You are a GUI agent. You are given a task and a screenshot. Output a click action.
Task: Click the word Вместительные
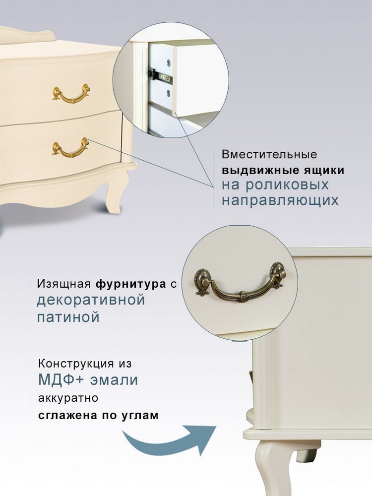[269, 154]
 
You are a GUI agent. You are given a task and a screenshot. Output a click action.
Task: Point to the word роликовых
[287, 185]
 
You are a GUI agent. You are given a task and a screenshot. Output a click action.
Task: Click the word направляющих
[280, 200]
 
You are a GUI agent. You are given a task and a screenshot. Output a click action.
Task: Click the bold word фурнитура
[130, 284]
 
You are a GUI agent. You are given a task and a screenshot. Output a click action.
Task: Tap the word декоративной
[91, 300]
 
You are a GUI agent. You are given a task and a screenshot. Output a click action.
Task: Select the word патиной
[68, 317]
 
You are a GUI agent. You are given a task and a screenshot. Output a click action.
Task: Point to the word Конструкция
[76, 364]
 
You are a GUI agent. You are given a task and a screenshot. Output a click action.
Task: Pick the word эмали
[114, 380]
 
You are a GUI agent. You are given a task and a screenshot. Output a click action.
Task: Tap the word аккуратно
[68, 398]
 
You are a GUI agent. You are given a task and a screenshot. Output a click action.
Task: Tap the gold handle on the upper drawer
[71, 94]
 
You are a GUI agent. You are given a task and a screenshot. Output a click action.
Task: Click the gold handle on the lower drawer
[70, 147]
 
